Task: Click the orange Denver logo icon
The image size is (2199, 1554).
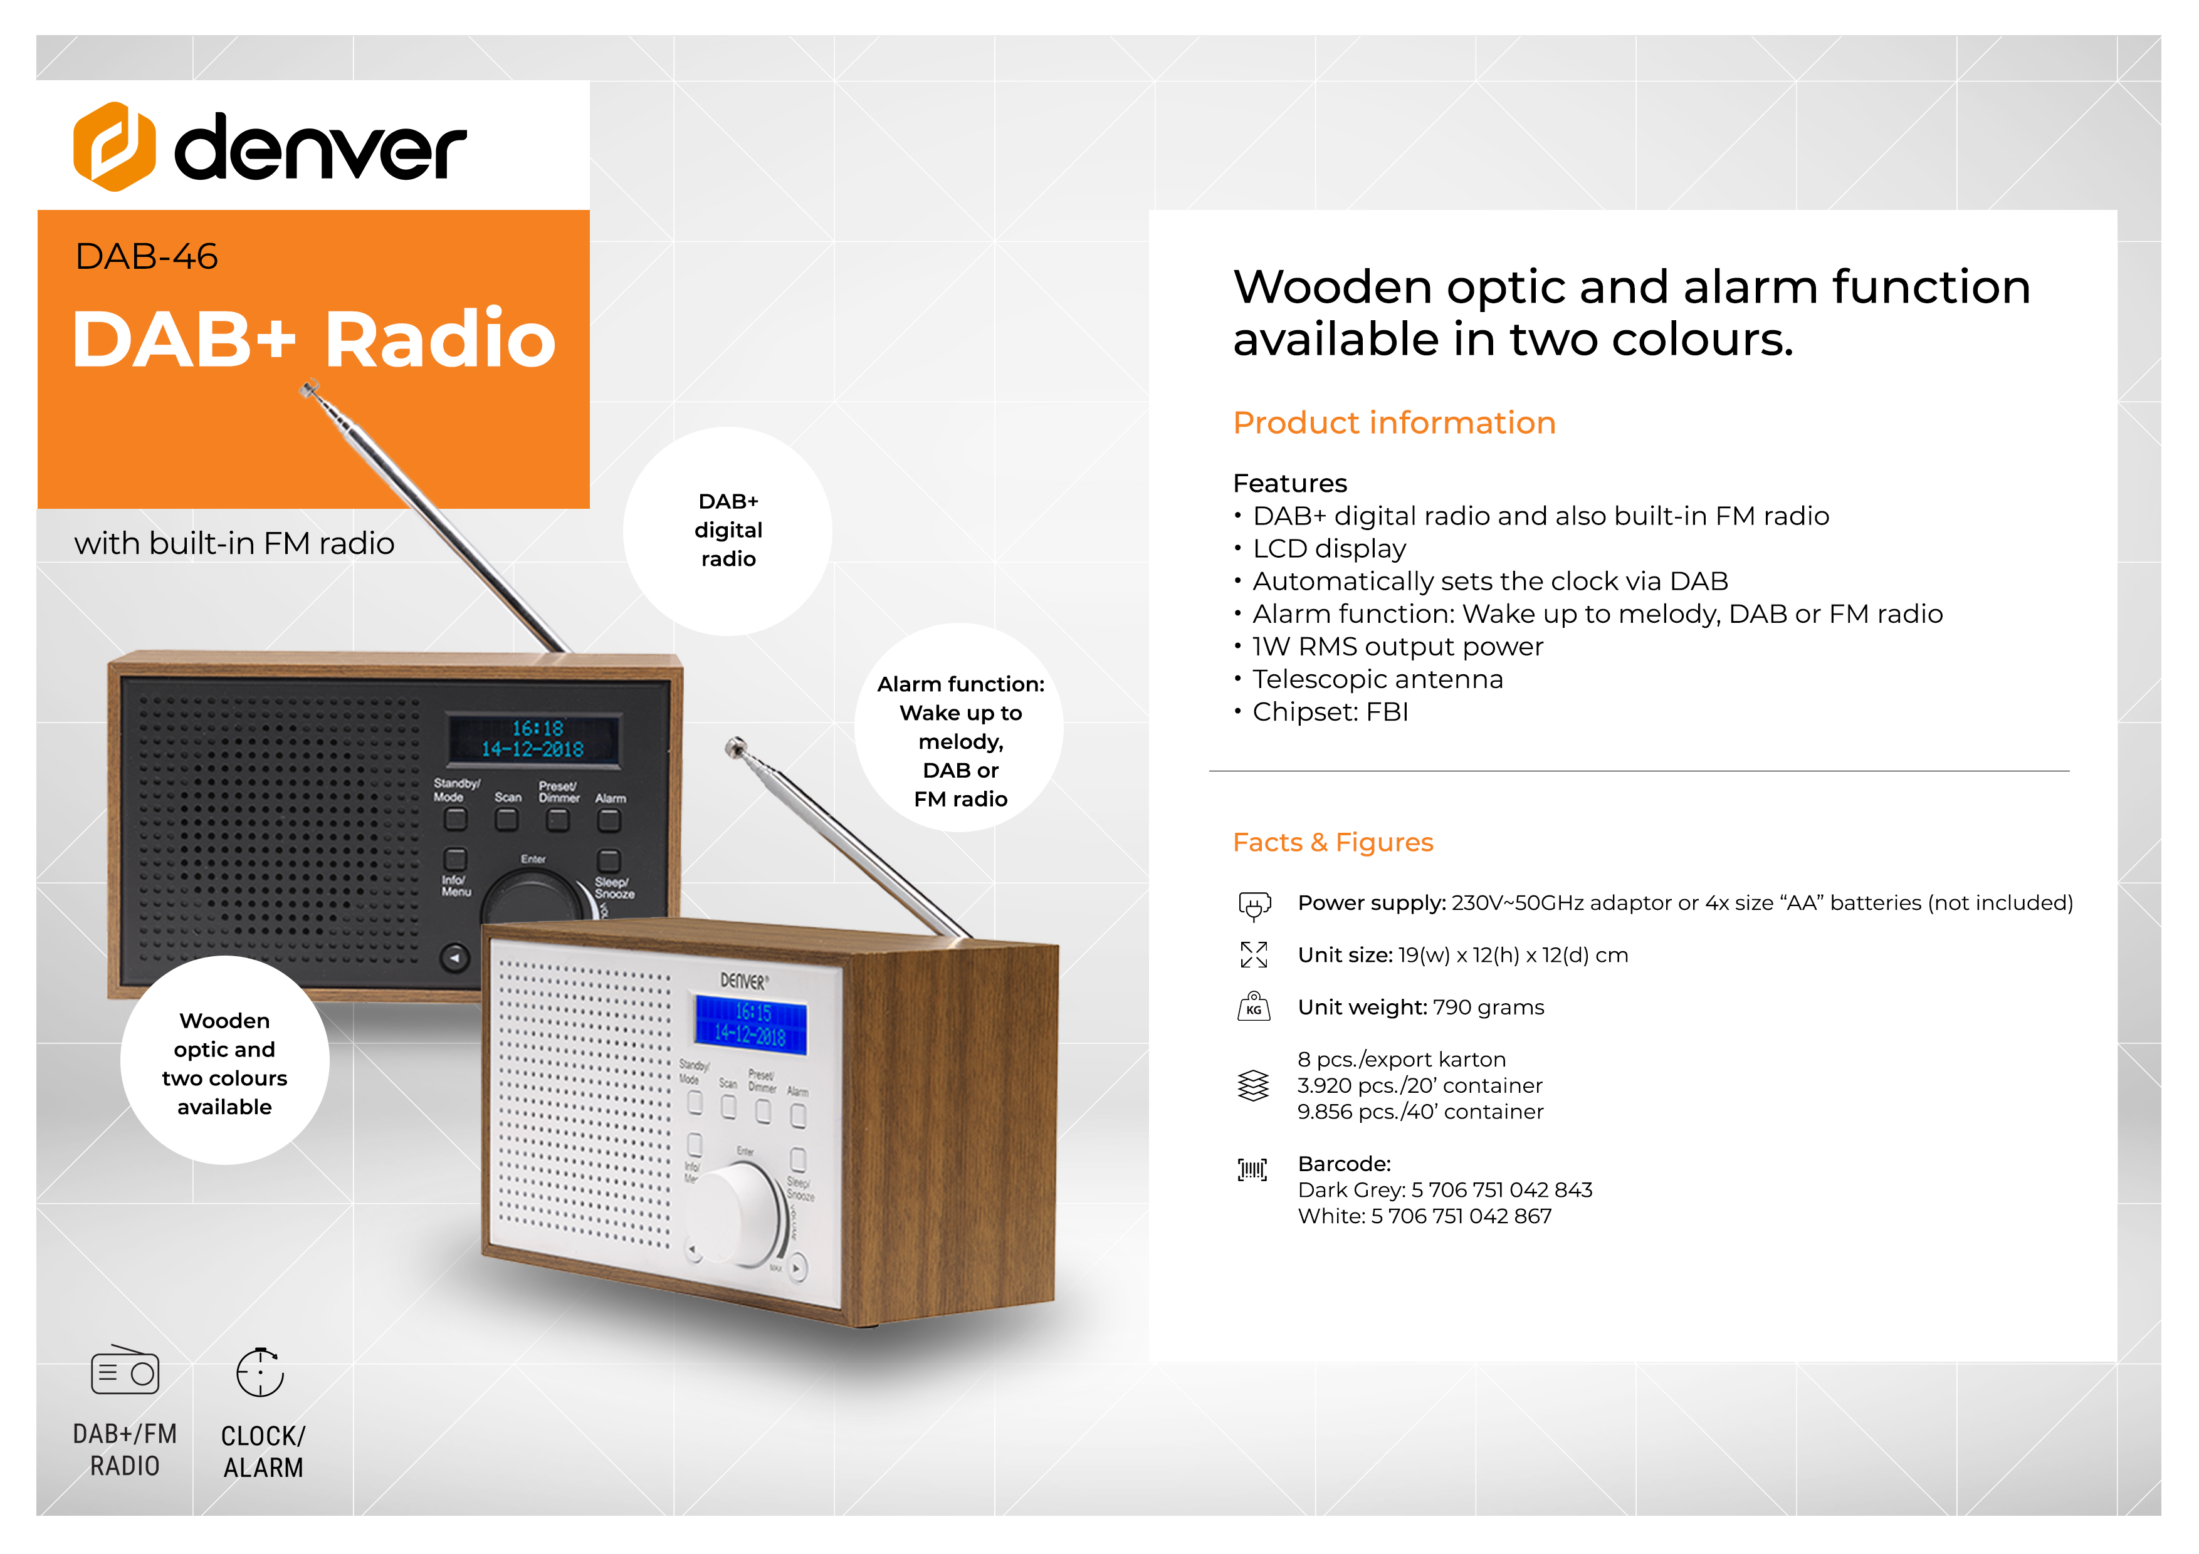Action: click(114, 147)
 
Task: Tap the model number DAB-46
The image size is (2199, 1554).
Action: click(147, 257)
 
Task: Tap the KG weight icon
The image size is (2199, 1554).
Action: click(1254, 1006)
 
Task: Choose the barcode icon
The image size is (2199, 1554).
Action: click(1252, 1169)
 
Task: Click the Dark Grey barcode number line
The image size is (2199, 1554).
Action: click(1444, 1190)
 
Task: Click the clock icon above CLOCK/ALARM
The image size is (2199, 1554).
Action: click(261, 1372)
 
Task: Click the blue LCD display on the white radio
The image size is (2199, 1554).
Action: click(751, 1023)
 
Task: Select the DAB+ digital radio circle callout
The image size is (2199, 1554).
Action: click(728, 531)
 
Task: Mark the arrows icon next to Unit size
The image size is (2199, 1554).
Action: click(1254, 954)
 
